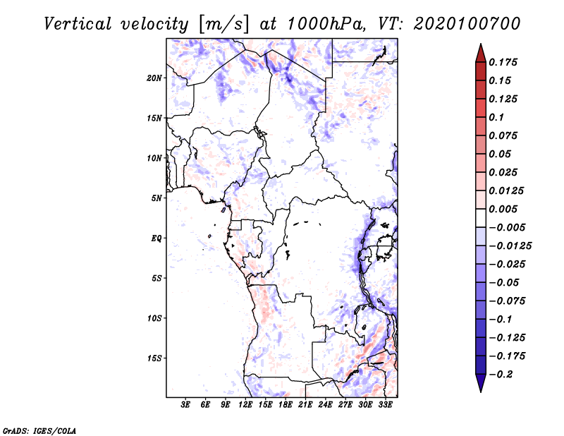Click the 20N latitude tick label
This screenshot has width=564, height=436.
tap(154, 78)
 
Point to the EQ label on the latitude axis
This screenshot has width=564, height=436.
tap(157, 238)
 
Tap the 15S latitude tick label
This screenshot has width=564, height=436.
tap(154, 358)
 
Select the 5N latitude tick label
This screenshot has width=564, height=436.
tap(157, 198)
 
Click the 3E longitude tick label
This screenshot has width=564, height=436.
tap(185, 405)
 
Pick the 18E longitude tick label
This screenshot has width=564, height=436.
tap(286, 405)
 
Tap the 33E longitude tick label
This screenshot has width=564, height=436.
tap(385, 405)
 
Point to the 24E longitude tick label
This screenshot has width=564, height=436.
tap(325, 405)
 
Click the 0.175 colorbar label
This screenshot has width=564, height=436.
tap(503, 62)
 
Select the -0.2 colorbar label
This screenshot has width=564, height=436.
tap(501, 375)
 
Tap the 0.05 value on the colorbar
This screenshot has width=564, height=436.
tap(500, 154)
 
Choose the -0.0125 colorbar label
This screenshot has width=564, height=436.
tap(510, 246)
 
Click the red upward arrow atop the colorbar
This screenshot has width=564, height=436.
tap(481, 54)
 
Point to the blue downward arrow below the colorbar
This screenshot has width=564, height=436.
tap(481, 383)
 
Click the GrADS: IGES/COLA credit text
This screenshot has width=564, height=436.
tap(39, 430)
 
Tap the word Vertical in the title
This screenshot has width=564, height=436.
tap(78, 24)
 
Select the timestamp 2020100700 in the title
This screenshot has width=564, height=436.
tap(467, 24)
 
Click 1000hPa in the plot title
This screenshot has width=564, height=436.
tap(326, 24)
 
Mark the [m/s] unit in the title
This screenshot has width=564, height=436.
tap(223, 25)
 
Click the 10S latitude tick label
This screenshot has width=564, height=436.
tap(154, 318)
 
